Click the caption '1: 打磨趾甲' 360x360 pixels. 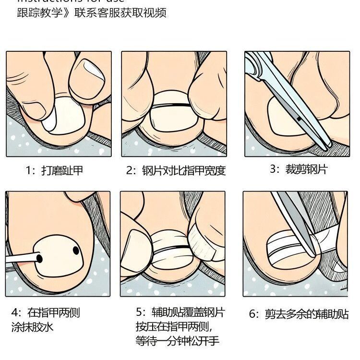coord(54,171)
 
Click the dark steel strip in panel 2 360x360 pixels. coord(170,105)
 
